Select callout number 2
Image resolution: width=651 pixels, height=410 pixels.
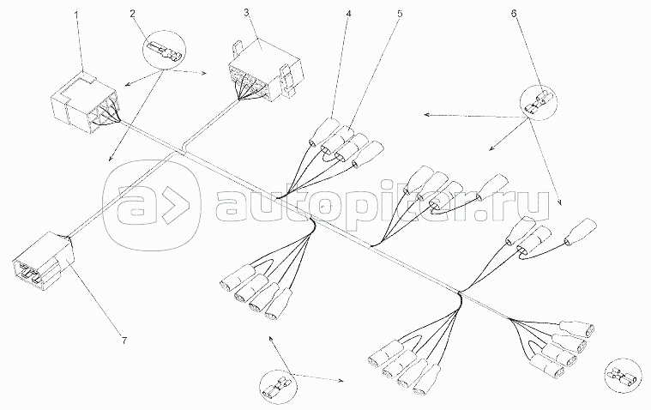[x=133, y=15]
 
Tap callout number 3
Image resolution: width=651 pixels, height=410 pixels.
[x=245, y=14]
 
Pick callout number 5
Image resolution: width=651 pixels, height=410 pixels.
[x=399, y=14]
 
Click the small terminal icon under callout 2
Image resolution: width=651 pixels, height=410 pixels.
[x=162, y=51]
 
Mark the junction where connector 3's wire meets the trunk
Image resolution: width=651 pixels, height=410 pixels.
[x=183, y=147]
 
